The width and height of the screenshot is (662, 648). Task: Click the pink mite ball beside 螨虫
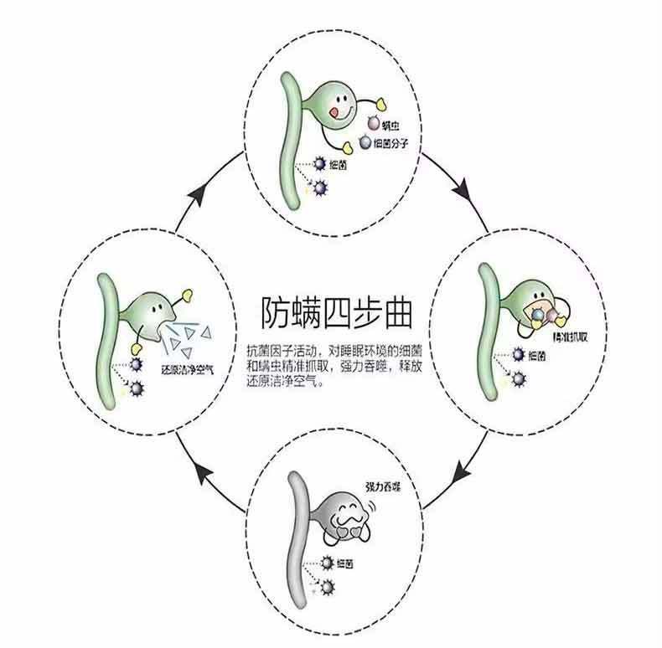372,125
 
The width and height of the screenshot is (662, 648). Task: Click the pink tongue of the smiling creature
337,110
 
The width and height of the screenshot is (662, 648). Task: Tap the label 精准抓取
550,335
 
